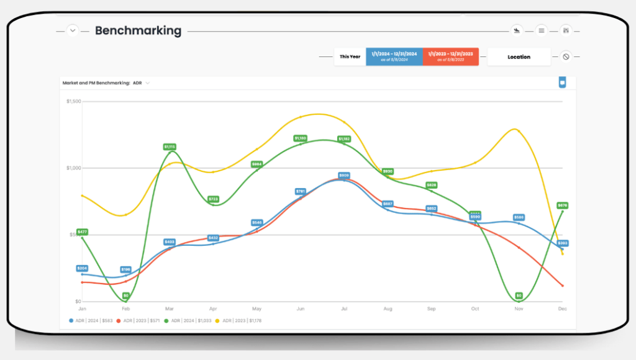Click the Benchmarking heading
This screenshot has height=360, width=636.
point(138,30)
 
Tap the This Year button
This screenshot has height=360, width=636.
point(350,56)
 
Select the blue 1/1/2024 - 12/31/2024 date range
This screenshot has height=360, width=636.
point(394,56)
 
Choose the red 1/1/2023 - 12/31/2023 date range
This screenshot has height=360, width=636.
point(450,56)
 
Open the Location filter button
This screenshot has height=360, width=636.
point(519,57)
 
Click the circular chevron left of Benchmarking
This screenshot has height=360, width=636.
point(73,30)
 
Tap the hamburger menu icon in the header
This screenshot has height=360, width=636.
point(542,30)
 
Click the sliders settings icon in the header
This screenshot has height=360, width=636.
point(566,30)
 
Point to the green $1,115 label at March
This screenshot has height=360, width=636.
point(170,147)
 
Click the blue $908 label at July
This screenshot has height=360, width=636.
point(344,176)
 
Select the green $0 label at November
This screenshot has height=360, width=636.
point(519,295)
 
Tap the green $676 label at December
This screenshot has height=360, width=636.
point(563,205)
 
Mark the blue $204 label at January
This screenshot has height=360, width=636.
point(82,268)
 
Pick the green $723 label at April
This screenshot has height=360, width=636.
point(213,199)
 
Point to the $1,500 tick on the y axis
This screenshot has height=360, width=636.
point(73,101)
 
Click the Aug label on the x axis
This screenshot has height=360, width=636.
point(388,308)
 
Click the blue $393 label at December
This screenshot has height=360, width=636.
point(563,243)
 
